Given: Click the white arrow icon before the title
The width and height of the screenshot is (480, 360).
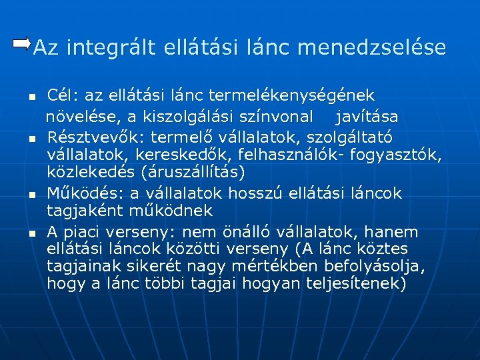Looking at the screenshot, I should [21, 44].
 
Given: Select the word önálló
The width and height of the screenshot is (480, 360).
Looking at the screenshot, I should [289, 232].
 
